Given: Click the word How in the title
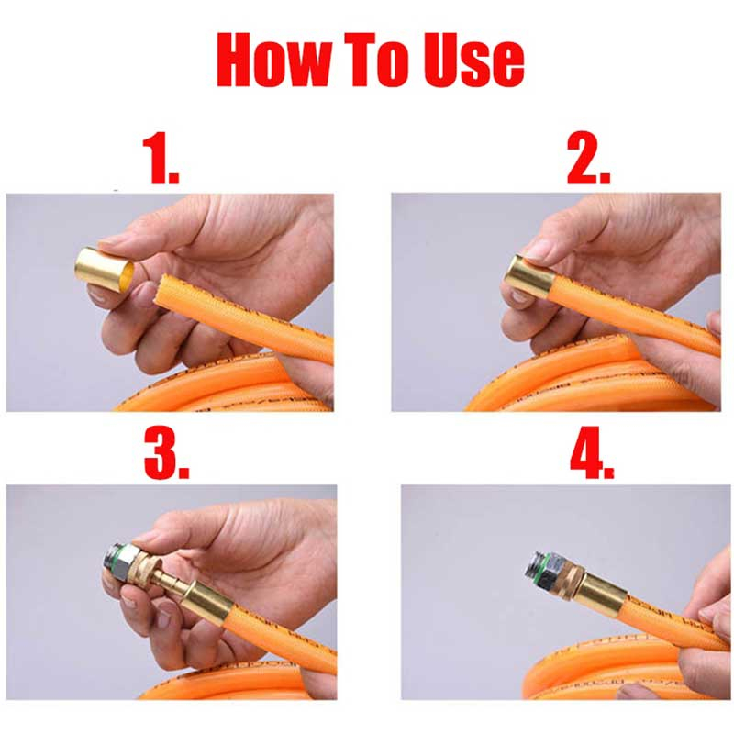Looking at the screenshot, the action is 274,60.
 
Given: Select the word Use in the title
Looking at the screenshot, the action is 473,60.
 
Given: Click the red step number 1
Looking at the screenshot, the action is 161,159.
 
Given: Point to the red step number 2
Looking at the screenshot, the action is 588,159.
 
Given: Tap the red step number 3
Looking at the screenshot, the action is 166,453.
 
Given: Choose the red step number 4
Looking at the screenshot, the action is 592,453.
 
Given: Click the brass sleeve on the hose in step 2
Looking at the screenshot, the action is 529,278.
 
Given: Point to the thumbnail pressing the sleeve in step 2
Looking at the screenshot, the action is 538,250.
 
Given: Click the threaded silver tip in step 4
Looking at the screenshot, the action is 534,567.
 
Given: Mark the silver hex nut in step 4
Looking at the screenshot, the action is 552,570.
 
